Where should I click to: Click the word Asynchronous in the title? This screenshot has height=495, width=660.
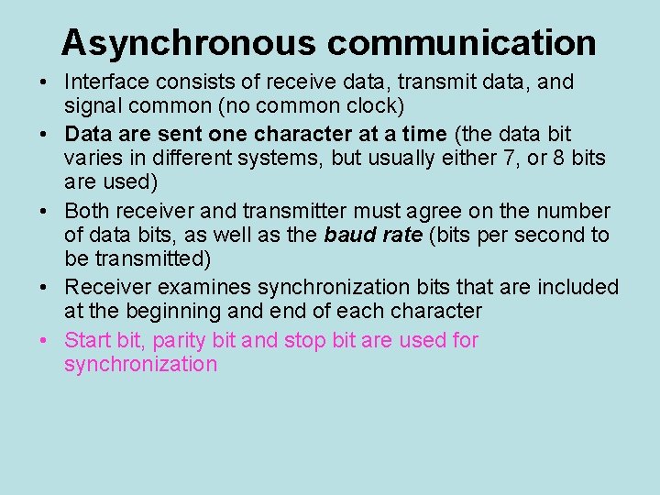(x=189, y=42)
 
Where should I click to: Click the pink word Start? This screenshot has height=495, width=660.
(x=88, y=340)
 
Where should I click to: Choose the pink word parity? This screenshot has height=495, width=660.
(x=180, y=341)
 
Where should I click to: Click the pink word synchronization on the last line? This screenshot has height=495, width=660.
(x=140, y=365)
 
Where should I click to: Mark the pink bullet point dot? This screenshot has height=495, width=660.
(x=44, y=341)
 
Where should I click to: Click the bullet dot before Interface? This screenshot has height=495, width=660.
(x=44, y=82)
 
